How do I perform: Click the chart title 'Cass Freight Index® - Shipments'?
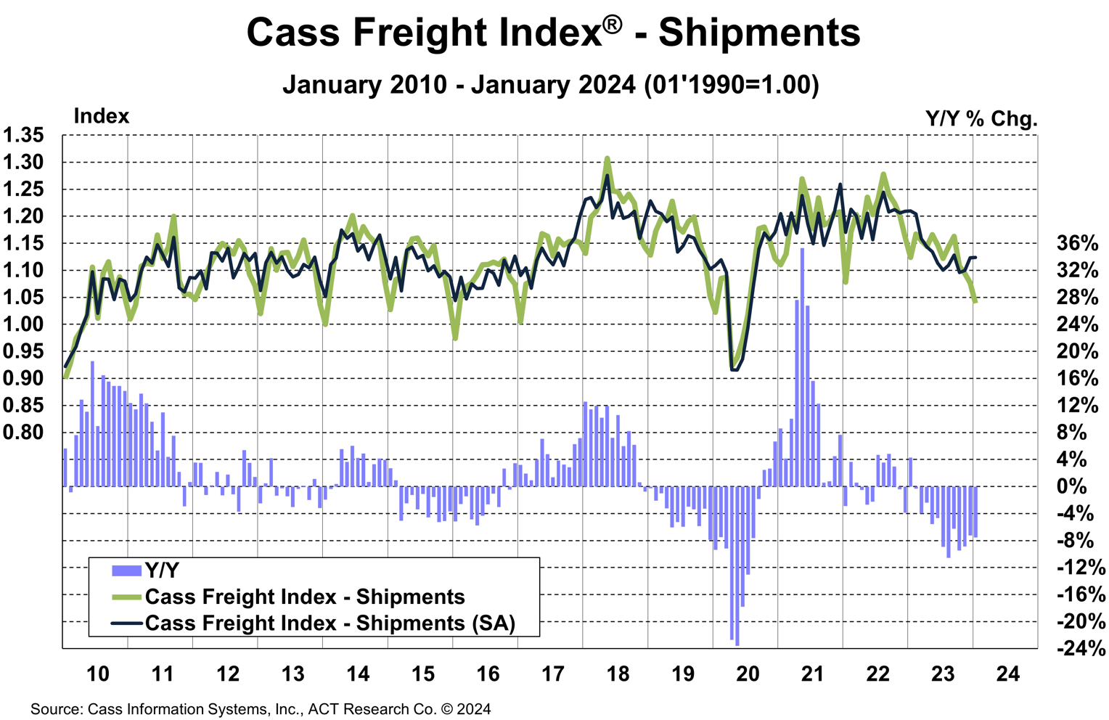553,33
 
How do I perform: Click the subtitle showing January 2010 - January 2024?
550,85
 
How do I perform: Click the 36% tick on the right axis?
1078,243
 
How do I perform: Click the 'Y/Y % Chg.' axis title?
981,118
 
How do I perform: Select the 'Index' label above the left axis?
102,116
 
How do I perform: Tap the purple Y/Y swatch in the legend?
126,570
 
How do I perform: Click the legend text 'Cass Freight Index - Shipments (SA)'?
330,623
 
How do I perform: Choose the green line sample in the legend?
126,597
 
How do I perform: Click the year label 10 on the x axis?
98,674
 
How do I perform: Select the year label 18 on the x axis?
618,674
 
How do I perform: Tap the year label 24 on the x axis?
1007,674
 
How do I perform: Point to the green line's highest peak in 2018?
607,158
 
